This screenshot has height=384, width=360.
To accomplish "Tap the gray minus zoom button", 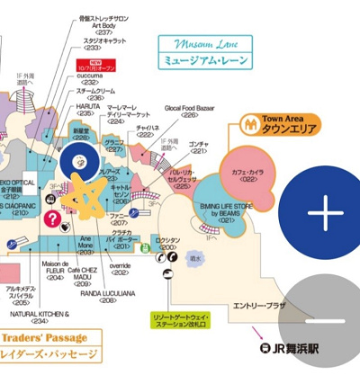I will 326,321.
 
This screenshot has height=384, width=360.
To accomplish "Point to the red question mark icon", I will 53,218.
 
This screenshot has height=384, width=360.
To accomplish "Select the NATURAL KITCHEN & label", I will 40,316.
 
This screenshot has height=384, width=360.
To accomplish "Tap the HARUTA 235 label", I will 87,109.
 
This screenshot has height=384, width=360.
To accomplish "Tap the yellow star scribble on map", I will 84,200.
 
